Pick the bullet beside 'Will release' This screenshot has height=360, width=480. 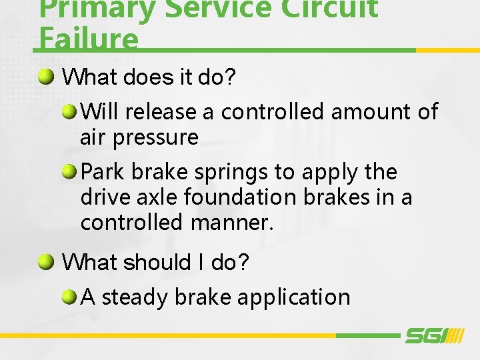click(70, 111)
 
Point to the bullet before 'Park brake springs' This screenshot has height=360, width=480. click(70, 172)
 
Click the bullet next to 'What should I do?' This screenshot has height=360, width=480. click(46, 263)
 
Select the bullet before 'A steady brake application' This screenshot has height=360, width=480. click(70, 297)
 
